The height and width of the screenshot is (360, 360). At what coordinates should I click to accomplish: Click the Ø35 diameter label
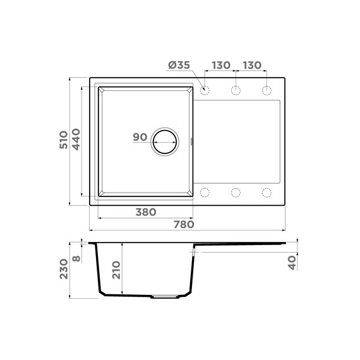click(180, 66)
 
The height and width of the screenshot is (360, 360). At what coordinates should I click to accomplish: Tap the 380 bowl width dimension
click(145, 212)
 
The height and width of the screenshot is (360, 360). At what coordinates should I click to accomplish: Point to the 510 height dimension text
click(63, 140)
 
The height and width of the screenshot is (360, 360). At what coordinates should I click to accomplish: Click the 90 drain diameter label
click(140, 137)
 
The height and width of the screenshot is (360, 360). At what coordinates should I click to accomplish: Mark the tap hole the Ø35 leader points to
click(204, 90)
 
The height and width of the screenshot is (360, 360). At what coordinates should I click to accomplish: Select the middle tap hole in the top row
click(235, 90)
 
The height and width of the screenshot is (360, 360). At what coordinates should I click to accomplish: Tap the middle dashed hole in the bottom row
click(235, 192)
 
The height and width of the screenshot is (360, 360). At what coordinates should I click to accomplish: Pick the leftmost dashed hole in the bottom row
click(204, 192)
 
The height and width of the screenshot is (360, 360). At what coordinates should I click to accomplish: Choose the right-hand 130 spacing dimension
click(251, 66)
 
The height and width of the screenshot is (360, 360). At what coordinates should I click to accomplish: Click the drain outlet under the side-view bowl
click(167, 296)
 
